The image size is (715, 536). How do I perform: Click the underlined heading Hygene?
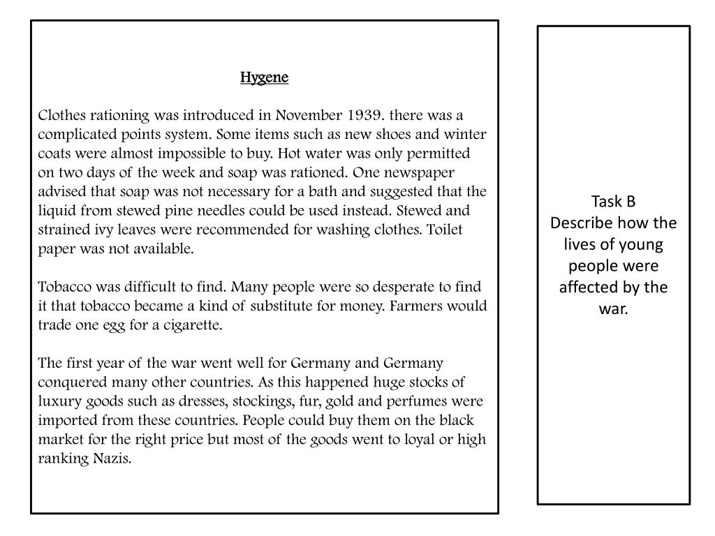[264, 77]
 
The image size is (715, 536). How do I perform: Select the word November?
[307, 115]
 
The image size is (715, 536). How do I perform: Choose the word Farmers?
[419, 306]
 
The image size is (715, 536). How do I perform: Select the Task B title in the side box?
[613, 202]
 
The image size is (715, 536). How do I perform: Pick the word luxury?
[58, 401]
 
